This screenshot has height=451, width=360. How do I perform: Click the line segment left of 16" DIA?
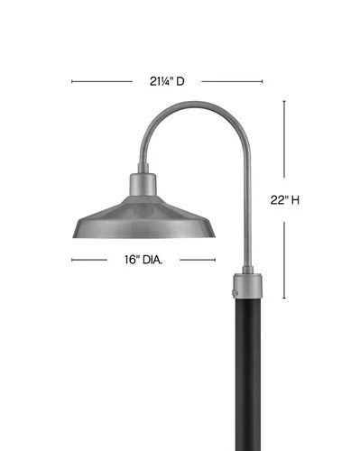(92, 261)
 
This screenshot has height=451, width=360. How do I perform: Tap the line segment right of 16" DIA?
(198, 261)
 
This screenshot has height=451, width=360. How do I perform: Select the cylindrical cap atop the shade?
(143, 180)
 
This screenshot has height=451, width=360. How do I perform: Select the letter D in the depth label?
(180, 81)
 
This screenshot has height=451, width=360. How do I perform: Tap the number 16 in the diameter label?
(131, 261)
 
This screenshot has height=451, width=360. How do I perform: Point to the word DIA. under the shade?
(155, 261)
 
